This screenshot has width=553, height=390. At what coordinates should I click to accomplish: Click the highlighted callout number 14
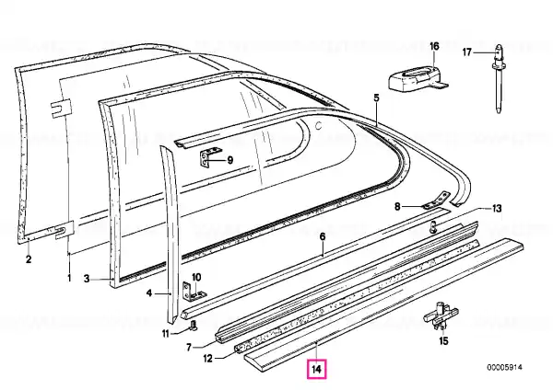pyautogui.click(x=316, y=369)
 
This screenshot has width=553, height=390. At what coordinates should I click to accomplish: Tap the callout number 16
pyautogui.click(x=434, y=46)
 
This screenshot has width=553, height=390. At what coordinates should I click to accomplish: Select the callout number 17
pyautogui.click(x=467, y=52)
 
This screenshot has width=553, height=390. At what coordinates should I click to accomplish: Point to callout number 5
pyautogui.click(x=376, y=97)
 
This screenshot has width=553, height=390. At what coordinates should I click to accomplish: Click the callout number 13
pyautogui.click(x=497, y=209)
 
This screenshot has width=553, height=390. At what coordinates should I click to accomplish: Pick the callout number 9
pyautogui.click(x=229, y=160)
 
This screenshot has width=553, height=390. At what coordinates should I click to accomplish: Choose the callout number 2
pyautogui.click(x=29, y=259)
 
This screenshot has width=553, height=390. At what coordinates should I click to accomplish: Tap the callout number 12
pyautogui.click(x=207, y=359)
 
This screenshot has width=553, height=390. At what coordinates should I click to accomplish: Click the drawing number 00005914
pyautogui.click(x=505, y=368)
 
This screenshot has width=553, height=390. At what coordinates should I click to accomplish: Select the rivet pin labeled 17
pyautogui.click(x=499, y=78)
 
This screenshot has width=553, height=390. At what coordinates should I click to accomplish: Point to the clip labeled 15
pyautogui.click(x=441, y=315)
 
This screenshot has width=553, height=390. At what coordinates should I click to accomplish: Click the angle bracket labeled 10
pyautogui.click(x=194, y=292)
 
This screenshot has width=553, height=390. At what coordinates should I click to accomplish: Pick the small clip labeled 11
pyautogui.click(x=194, y=327)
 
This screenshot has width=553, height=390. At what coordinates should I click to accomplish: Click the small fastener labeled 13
pyautogui.click(x=433, y=227)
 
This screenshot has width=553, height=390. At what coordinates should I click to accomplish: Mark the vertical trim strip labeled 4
pyautogui.click(x=171, y=233)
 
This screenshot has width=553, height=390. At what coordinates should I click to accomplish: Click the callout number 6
pyautogui.click(x=323, y=236)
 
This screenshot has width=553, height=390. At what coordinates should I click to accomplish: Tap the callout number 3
pyautogui.click(x=87, y=279)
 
